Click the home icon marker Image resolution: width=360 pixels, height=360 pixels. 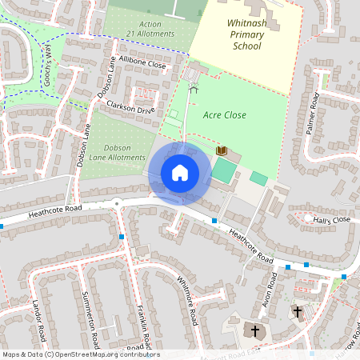180,173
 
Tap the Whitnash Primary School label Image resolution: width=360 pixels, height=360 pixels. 246,37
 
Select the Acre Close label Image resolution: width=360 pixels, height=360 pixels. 226,115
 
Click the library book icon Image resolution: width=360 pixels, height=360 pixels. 222,150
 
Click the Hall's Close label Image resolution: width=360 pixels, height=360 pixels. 332,219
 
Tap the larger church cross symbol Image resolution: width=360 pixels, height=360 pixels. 256,330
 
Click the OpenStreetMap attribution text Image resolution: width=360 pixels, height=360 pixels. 80,354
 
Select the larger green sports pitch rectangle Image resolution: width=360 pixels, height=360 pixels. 224,170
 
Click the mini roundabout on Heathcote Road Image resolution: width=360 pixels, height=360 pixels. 118,203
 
